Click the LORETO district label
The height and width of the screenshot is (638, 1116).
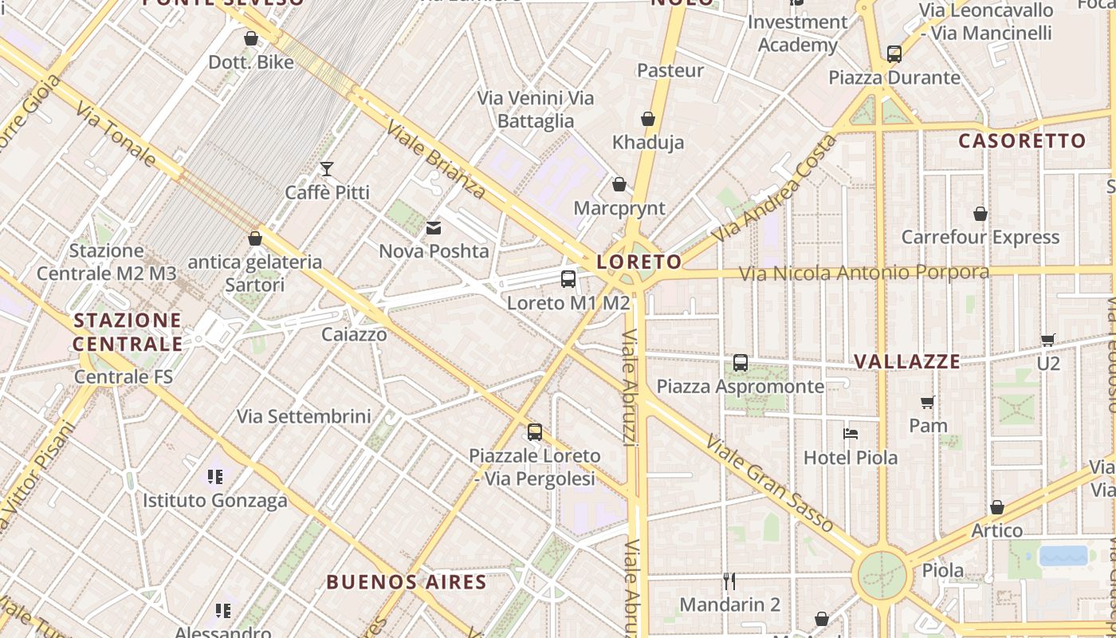tap(639, 262)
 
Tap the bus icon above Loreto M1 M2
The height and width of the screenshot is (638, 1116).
tap(568, 279)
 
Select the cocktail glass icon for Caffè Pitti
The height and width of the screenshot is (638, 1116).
tap(327, 168)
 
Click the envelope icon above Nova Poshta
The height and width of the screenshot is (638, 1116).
tap(434, 229)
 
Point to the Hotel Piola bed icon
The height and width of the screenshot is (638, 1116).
tap(851, 434)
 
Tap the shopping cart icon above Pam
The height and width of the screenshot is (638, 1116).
tap(928, 402)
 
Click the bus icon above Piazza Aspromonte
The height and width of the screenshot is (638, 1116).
tap(741, 363)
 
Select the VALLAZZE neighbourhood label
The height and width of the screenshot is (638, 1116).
tap(907, 361)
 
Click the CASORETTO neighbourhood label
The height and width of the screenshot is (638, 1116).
tap(1022, 141)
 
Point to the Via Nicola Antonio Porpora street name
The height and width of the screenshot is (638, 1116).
tap(864, 273)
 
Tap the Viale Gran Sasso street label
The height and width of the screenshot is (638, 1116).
tap(769, 483)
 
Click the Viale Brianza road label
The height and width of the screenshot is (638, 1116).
tap(435, 159)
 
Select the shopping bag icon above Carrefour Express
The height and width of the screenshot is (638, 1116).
tap(980, 214)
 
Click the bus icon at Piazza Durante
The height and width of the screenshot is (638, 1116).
tap(894, 54)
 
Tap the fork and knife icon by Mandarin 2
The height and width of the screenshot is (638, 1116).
tap(729, 581)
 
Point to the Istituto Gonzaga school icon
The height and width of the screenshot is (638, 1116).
tap(214, 477)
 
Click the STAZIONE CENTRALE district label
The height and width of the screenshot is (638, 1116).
tap(128, 332)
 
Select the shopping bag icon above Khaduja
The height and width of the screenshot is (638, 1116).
tap(648, 119)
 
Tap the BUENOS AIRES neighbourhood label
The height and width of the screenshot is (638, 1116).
tap(407, 582)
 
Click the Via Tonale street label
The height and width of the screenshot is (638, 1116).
tap(116, 133)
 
